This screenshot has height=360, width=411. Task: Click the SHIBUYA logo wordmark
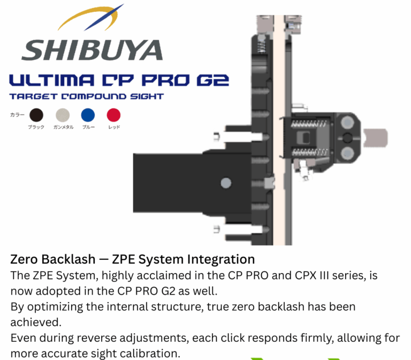coord(92,50)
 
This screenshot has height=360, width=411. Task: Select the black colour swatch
coord(36,115)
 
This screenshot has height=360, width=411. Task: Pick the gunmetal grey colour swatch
coord(63,115)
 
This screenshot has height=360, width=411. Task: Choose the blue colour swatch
coord(88,115)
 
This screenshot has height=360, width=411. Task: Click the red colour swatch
coord(113,115)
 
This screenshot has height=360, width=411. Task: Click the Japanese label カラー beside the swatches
coord(17,115)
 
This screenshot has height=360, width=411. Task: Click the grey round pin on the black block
coord(226,183)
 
